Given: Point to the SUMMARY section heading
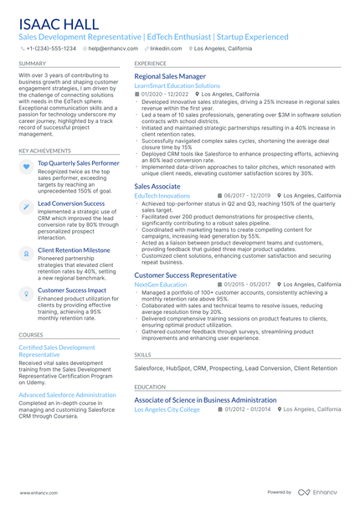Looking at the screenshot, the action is (32, 63).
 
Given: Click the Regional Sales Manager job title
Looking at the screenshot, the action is (170, 76).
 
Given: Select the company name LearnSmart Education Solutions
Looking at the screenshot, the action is (177, 85).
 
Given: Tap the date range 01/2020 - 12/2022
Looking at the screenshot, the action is (166, 94).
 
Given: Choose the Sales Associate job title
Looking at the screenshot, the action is (157, 186).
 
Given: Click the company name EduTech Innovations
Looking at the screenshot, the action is (162, 195).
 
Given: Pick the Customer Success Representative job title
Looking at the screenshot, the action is (185, 275).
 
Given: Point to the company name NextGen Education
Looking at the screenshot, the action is (161, 284).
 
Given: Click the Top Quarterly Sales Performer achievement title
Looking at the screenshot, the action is (79, 163).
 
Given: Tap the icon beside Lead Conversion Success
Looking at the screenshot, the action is (26, 205).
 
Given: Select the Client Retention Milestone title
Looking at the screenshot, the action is (74, 249).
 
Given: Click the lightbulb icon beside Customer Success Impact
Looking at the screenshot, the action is (26, 292).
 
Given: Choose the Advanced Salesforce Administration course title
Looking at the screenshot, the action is (67, 394).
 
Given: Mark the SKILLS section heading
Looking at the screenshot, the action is (142, 354).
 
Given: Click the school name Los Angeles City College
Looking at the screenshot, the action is (167, 409).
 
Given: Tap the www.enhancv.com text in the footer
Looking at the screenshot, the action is (38, 492).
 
